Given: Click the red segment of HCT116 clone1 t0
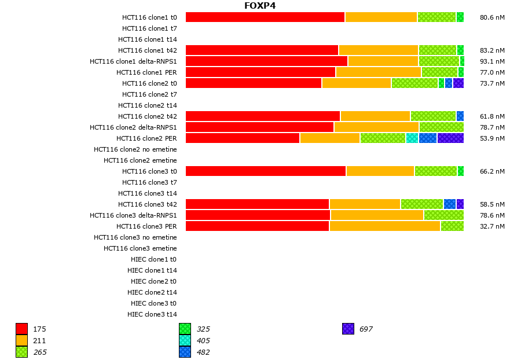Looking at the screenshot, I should pos(265,17).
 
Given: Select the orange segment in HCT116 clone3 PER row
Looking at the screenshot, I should pos(384,226).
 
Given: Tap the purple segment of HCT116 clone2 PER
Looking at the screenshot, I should pos(450,138).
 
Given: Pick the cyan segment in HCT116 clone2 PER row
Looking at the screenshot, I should pos(412,138).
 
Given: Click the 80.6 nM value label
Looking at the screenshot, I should pos(492,17).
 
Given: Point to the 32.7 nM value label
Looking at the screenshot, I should pos(492,226).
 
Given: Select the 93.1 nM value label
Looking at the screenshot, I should pos(492,61).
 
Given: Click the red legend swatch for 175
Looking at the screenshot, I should pos(22,329).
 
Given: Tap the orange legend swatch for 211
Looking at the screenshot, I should pos(22,340).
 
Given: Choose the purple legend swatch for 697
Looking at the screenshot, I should pos(348,329).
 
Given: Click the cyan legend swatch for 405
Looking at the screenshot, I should pos(185,340).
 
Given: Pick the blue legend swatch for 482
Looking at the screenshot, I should pos(185,352).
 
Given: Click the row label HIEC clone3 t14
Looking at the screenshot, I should pos(152,314).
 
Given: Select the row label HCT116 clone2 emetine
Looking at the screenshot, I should pos(140,160).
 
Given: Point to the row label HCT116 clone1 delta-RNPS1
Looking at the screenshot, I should pos(133,61).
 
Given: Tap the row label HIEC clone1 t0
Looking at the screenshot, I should pos(152,259).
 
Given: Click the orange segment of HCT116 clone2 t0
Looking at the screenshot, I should pos(357,83).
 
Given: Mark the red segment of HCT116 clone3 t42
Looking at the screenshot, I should pos(257,204).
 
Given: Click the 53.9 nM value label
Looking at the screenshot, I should pos(492,138).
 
